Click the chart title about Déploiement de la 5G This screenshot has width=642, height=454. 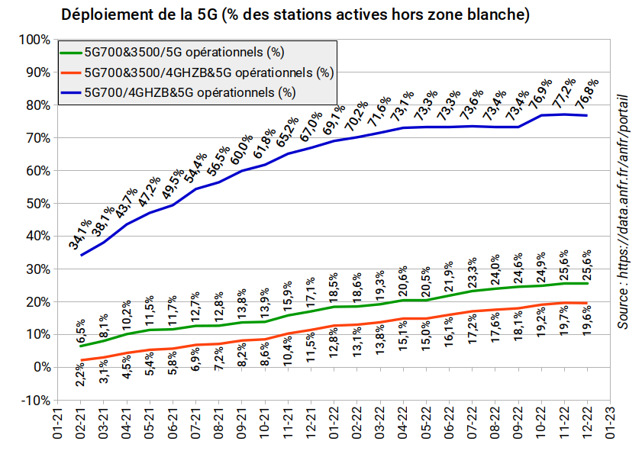coord(295,14)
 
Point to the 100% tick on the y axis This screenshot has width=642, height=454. coord(34,40)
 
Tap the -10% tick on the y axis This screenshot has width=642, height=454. coord(36,400)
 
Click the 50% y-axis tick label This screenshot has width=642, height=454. coord(38,204)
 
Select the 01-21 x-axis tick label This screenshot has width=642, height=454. coord(57,423)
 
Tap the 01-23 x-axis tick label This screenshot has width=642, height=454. coord(610,423)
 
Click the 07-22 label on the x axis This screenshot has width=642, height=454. coord(472,423)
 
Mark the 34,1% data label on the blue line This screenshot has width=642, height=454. coord(80,234)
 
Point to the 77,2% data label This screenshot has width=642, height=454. coord(564,93)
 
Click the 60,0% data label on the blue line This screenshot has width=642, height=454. coord(241,150)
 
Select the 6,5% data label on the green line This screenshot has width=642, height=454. coord(80,331)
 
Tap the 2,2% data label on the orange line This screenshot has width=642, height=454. coord(80,374)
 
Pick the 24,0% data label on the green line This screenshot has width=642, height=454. coord(495,269)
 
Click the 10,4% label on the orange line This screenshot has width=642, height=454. coord(288,350)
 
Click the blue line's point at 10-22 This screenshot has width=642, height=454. coord(541,115)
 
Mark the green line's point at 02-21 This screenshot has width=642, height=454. coord(81,346)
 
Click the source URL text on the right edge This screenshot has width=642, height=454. coord(623,211)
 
